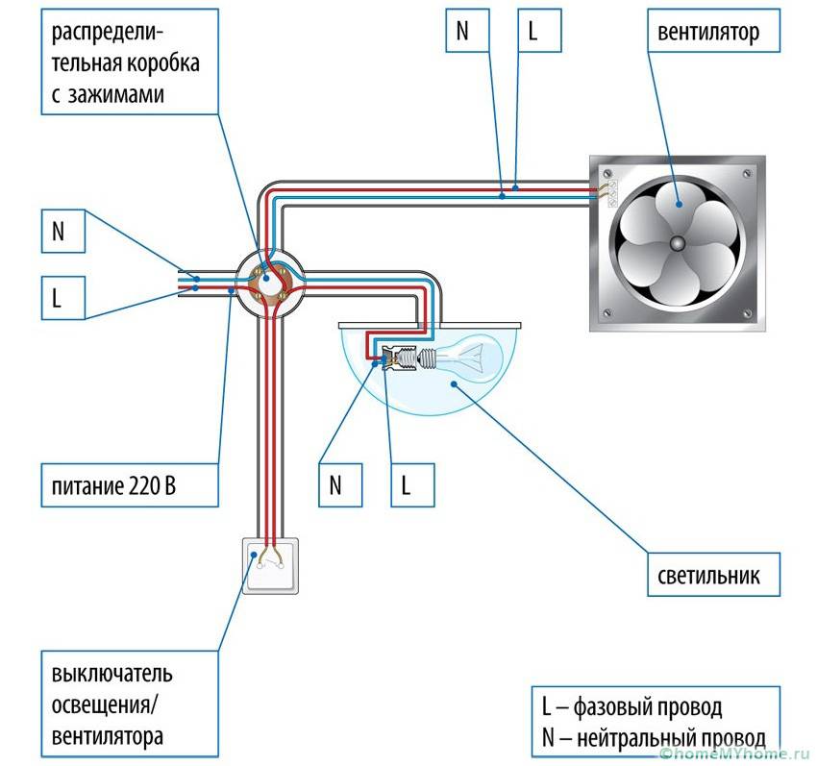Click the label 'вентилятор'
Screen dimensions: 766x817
click(708, 33)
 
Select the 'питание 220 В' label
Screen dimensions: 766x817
click(121, 487)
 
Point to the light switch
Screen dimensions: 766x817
click(270, 565)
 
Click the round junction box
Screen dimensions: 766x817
click(271, 282)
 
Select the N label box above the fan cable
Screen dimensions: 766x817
click(462, 30)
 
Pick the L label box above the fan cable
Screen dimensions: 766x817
click(533, 30)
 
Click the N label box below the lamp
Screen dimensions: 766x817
click(335, 484)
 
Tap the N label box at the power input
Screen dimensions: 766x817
click(57, 233)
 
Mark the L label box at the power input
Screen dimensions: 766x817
click(57, 298)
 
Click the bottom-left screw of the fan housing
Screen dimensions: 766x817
click(608, 311)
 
